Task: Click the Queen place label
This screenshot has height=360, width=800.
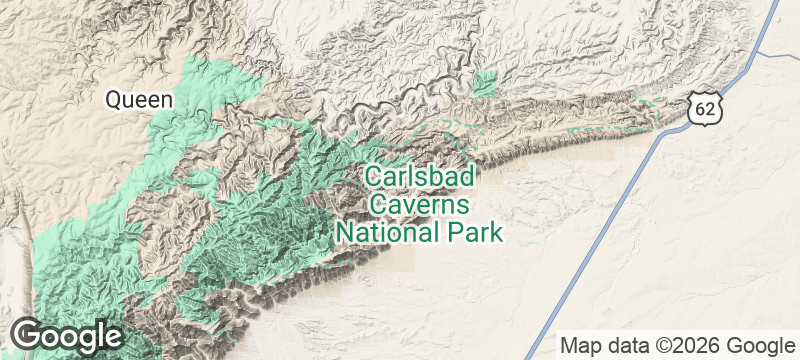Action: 139,99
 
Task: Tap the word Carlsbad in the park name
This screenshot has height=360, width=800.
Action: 419,177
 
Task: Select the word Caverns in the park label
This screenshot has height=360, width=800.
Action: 419,205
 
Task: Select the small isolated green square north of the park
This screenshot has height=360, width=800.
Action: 485,84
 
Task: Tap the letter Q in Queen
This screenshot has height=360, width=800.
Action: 114,99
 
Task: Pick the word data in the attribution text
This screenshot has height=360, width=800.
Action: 628,345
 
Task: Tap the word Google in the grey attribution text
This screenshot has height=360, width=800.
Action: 758,345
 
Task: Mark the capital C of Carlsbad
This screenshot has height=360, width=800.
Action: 372,177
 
